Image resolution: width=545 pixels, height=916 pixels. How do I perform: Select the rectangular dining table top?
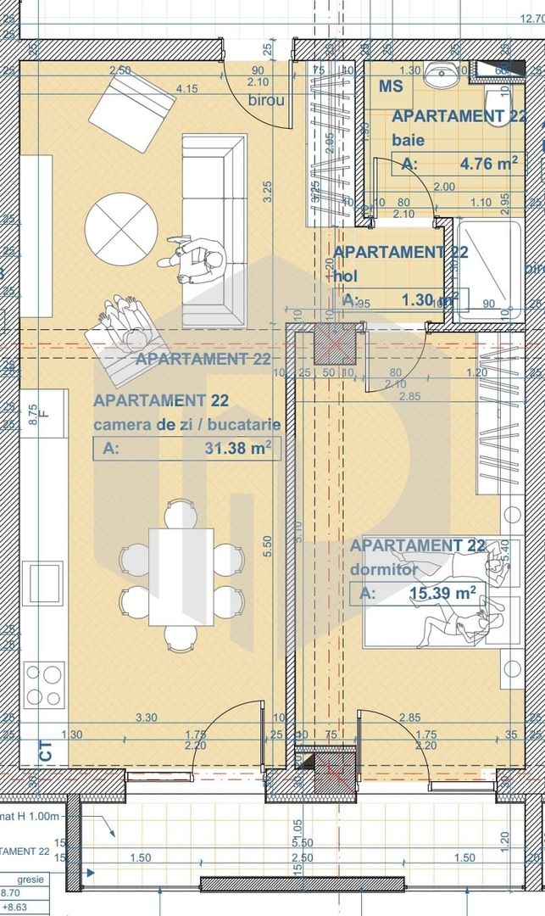(181, 577)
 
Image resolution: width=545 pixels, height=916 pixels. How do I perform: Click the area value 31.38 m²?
(242, 450)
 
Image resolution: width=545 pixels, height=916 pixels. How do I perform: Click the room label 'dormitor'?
(383, 569)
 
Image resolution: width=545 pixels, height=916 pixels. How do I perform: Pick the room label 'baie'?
(408, 141)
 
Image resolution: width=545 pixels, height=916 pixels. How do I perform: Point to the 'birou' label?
(264, 100)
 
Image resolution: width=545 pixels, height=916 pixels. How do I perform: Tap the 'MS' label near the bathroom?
(391, 87)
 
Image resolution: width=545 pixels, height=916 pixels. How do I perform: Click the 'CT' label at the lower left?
(44, 749)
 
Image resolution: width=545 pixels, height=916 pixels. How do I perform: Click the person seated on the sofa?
(200, 261)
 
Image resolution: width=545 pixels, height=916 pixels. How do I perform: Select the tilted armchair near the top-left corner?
(131, 108)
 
